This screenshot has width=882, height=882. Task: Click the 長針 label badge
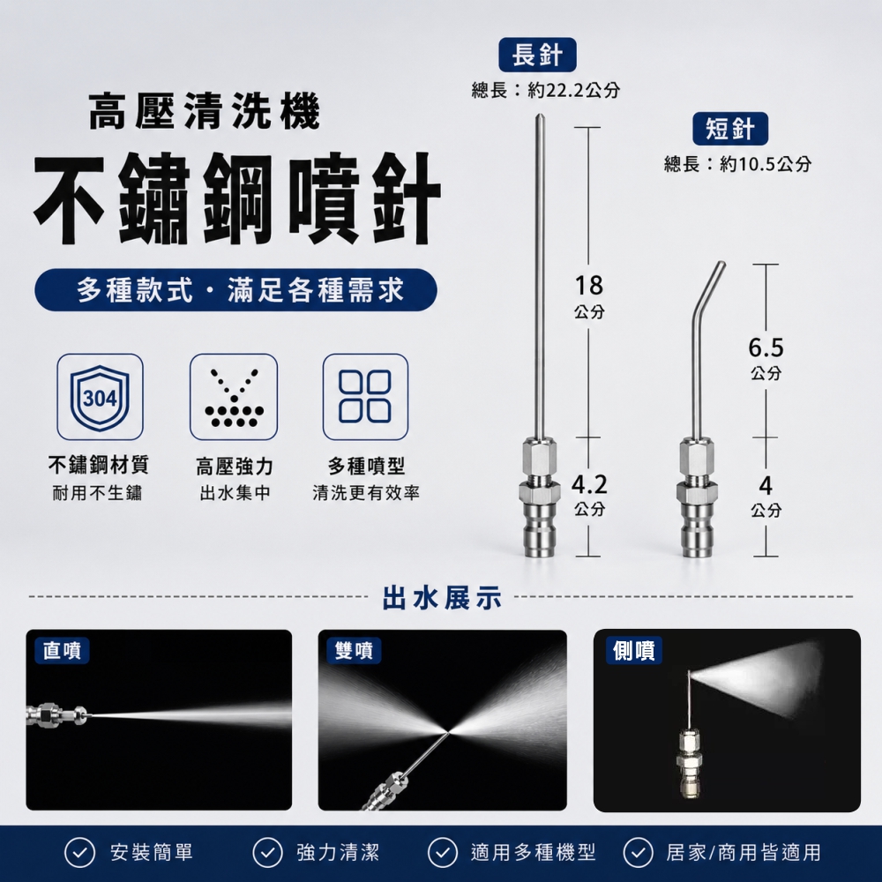pos(537,55)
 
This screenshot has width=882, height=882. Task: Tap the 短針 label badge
pos(729,129)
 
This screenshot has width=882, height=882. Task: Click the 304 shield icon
pos(101,397)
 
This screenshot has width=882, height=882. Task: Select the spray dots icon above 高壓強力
pos(234,397)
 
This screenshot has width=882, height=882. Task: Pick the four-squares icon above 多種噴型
pos(366,397)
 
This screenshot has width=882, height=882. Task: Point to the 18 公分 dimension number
pos(589,286)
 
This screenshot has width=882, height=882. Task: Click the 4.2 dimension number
pos(589,484)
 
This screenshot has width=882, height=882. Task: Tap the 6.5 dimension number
pos(766,348)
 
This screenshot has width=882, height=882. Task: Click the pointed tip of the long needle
pos(539,115)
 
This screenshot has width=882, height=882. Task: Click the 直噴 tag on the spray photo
pos(62,650)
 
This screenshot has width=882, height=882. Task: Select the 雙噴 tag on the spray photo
pos(354,650)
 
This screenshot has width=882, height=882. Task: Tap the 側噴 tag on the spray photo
pos(634,650)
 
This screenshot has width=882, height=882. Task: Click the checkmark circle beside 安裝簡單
pos(79,853)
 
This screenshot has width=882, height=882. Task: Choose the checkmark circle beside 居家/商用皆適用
pos(638,853)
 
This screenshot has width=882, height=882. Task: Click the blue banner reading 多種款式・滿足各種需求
pos(235,290)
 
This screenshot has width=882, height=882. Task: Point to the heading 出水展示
pos(442,597)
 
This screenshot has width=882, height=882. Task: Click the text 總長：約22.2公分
pos(546,90)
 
